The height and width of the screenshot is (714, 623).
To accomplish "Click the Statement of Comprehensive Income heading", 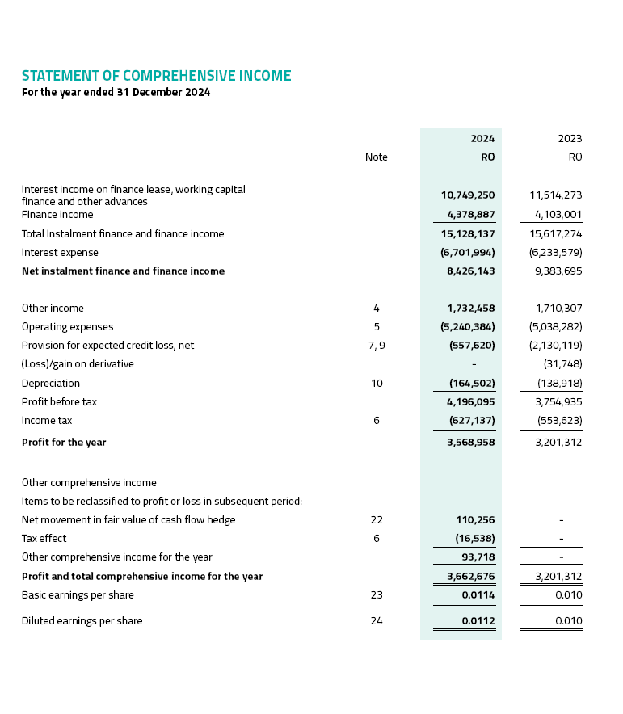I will pos(156,76).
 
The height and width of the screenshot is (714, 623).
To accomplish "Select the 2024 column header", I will pos(482,139).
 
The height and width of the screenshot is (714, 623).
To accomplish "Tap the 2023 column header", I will pos(570,139).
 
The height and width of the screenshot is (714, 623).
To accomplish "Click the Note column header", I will pos(376,157).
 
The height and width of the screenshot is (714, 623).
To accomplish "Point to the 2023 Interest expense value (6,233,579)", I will pos(555,253).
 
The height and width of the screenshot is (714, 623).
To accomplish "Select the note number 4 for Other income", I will pos(377,309).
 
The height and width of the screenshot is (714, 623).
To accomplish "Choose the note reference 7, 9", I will pos(377,346).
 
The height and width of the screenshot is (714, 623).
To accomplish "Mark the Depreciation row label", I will pos(51,383).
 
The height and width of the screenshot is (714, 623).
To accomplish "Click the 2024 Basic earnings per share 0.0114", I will pos(478,595).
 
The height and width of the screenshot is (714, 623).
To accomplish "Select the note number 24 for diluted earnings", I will pos(377,621).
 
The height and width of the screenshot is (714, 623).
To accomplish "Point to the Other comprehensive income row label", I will pos(89,483).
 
